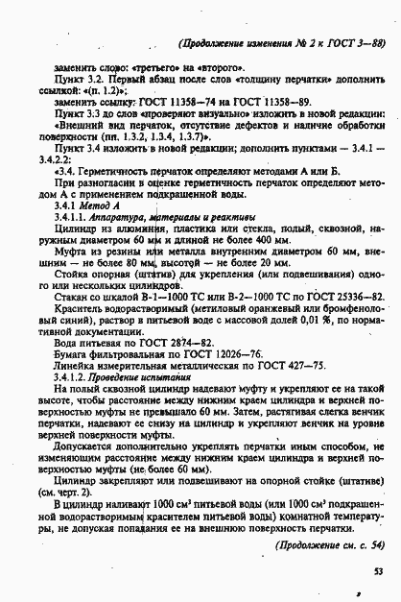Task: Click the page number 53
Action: pos(379,571)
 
